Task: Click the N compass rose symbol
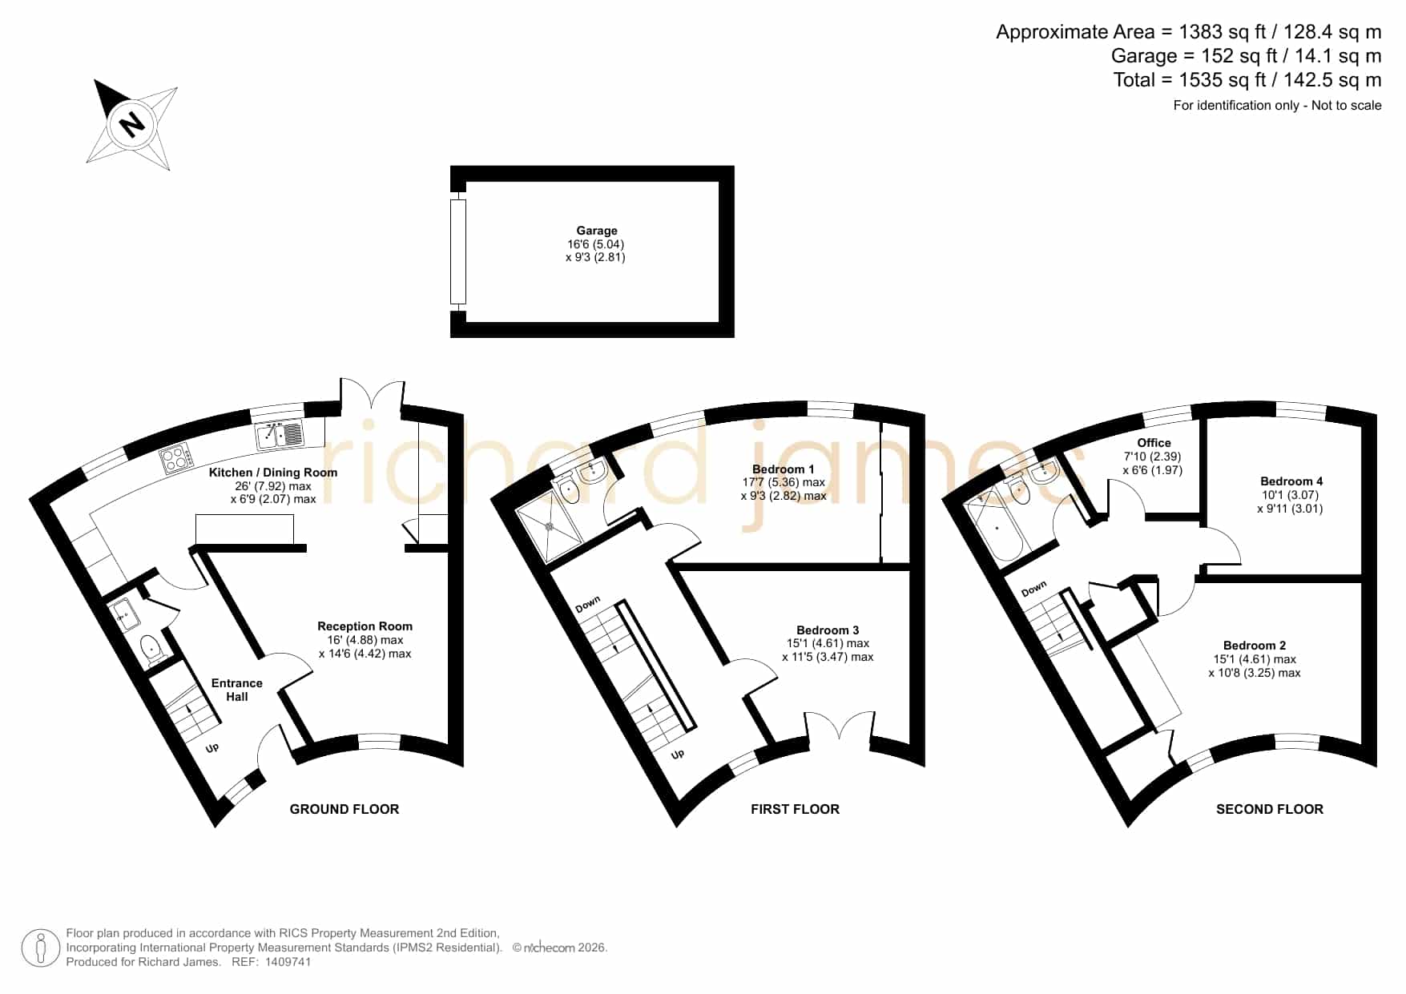131,124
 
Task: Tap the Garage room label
597,231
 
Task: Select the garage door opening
458,252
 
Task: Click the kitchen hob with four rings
178,458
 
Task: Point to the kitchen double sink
280,434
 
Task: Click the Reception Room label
365,626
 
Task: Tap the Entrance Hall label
236,690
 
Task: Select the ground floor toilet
152,649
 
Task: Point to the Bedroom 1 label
784,469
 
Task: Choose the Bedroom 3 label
828,630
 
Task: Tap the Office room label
1154,443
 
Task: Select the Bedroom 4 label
1291,481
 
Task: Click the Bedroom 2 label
1255,646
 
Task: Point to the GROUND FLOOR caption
344,809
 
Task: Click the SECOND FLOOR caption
1270,809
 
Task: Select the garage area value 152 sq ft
1231,56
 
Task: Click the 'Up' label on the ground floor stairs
212,748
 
